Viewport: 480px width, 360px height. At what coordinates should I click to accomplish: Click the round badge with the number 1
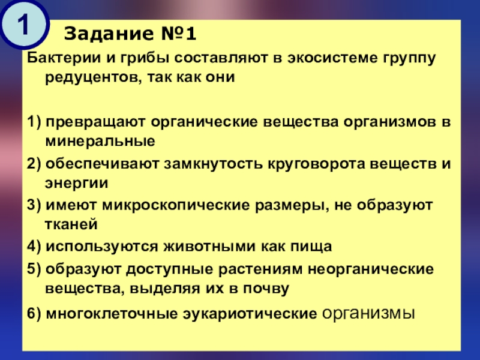click(x=24, y=25)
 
